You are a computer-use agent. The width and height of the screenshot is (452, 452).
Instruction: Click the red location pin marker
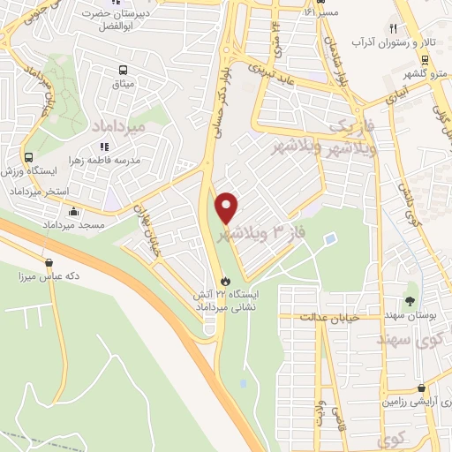(228, 207)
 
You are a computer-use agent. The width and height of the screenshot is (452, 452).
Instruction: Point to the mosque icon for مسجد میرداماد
(72, 212)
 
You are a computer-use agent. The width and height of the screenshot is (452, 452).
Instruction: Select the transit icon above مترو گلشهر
(426, 60)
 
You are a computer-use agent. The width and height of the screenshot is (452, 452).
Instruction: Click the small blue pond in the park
(329, 238)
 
